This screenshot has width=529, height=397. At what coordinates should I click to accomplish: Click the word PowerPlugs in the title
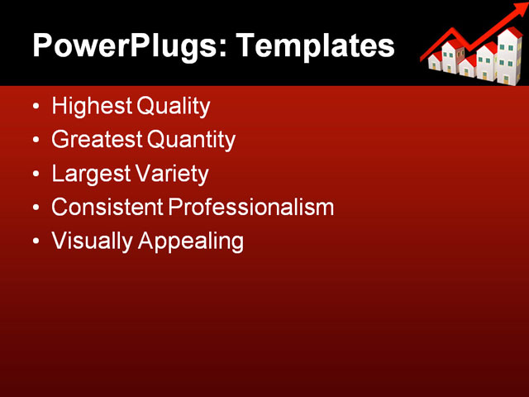[122, 45]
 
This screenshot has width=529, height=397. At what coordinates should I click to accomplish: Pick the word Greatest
[97, 141]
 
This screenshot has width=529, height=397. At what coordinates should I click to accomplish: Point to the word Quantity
[192, 141]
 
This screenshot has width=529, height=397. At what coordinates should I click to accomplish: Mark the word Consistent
[107, 208]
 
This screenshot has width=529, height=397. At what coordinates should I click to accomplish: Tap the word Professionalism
[250, 208]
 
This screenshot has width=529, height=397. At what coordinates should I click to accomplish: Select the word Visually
[92, 242]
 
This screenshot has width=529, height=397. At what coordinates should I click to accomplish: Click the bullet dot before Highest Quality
[35, 108]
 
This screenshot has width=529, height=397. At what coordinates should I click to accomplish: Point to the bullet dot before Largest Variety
[35, 175]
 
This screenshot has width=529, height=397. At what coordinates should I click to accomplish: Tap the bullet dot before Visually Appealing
[35, 242]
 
